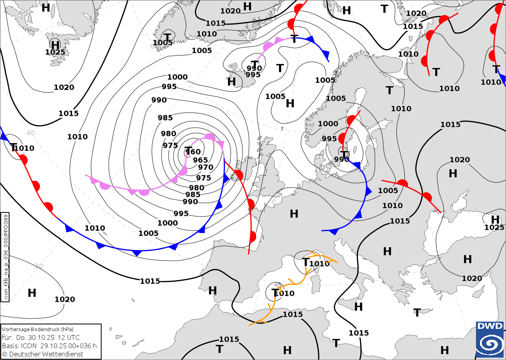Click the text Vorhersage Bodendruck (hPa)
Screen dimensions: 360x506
[38, 329]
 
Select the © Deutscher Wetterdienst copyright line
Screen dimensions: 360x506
[43, 354]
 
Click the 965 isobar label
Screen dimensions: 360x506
[200, 160]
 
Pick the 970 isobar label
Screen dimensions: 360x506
[206, 167]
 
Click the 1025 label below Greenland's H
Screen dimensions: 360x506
[55, 52]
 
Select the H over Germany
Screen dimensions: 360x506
[294, 214]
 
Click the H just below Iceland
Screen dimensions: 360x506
[232, 82]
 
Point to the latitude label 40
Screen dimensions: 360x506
[31, 133]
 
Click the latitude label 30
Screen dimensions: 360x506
[39, 266]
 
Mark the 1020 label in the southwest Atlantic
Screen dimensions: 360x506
[65, 299]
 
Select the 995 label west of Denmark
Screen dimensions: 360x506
[329, 139]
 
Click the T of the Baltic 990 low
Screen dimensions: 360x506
[344, 155]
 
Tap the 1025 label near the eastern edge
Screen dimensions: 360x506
[494, 227]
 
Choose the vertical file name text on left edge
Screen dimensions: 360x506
[5, 258]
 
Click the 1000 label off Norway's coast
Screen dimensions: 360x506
[328, 124]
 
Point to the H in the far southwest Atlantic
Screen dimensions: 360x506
[32, 293]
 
